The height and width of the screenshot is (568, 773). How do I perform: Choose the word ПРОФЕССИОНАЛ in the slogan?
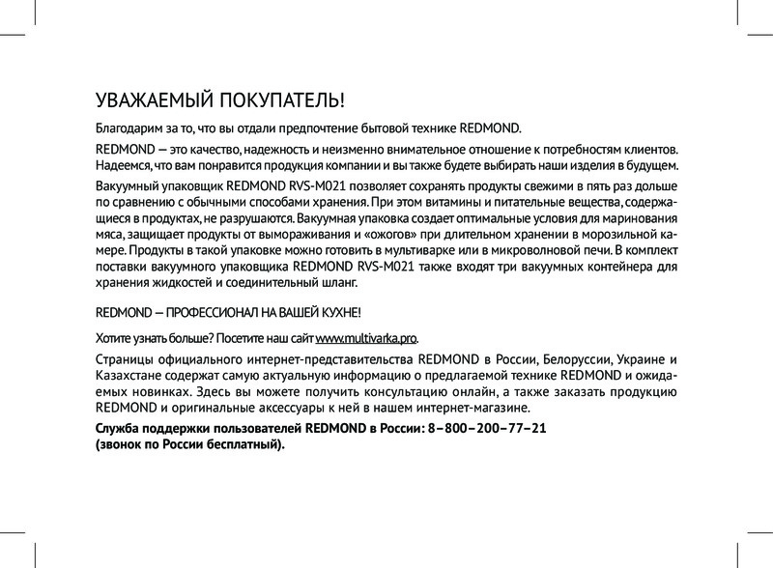206,314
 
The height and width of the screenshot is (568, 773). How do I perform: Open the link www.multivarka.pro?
365,337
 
